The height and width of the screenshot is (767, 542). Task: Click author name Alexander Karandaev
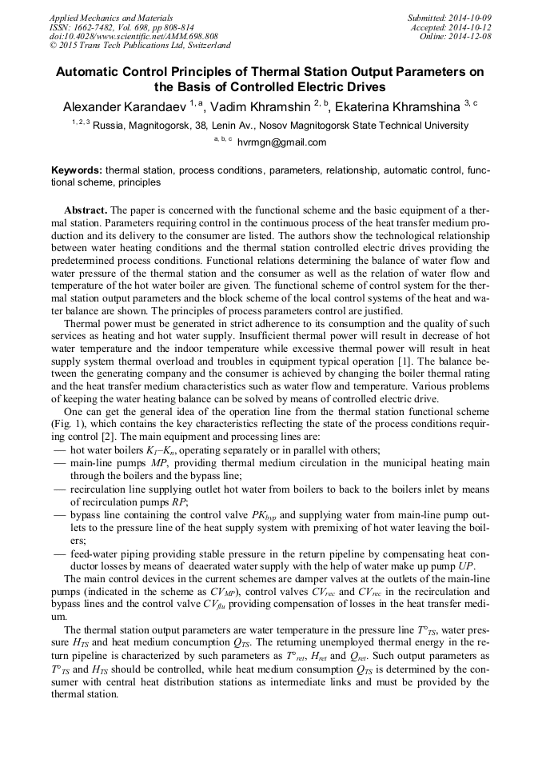point(124,106)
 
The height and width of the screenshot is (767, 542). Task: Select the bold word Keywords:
point(77,170)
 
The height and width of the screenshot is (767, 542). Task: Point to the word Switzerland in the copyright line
point(205,46)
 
